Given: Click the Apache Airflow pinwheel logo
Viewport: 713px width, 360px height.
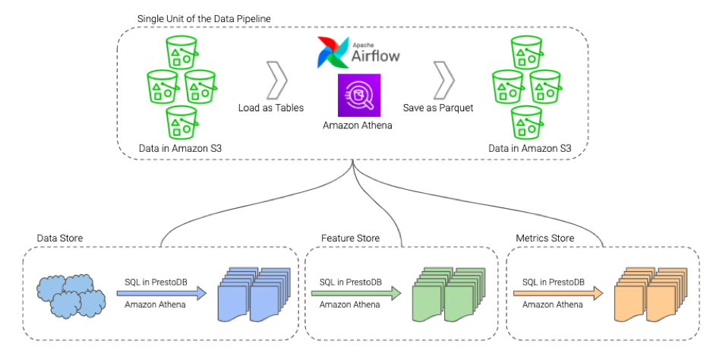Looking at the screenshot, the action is (333, 52).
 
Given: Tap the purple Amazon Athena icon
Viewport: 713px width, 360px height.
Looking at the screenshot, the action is (358, 96).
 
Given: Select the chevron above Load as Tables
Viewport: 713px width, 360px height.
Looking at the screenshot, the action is (276, 81).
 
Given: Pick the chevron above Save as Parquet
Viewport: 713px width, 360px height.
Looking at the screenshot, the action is (443, 81).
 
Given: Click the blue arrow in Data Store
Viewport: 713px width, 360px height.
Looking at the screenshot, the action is (162, 293).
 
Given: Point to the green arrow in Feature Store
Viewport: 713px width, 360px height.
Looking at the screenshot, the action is (356, 293).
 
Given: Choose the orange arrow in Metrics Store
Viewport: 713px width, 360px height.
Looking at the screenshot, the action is (558, 293).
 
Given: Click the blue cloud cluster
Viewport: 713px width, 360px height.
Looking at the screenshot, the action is (71, 295).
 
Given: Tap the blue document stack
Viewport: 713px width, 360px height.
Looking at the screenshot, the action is (254, 295).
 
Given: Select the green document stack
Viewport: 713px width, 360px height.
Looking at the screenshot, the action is (449, 295).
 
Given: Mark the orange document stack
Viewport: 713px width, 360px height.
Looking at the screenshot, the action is (651, 295).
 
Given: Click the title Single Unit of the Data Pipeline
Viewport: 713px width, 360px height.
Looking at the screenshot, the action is (204, 19).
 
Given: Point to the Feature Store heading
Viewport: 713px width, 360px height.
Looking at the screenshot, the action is (350, 238).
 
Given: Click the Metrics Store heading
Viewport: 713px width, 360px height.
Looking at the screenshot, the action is (544, 238).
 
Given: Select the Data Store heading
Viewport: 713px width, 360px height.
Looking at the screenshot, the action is (60, 238).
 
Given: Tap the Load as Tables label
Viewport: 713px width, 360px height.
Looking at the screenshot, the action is (271, 108).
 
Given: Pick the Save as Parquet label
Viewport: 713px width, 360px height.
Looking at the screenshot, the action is (438, 108).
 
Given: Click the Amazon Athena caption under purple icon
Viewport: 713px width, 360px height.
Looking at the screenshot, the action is (358, 125).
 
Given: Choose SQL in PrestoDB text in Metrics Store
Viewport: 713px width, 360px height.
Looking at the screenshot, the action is (554, 283).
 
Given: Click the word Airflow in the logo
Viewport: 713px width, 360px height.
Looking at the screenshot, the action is (376, 56).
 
